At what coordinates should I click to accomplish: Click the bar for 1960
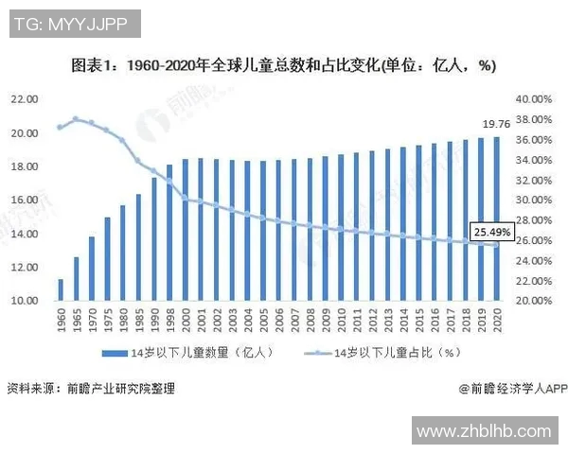(x=61, y=290)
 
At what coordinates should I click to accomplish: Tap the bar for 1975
(x=107, y=259)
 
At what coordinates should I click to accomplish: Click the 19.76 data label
(x=496, y=123)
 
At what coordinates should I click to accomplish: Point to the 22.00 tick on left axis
(x=26, y=99)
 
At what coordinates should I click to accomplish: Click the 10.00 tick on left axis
(x=26, y=301)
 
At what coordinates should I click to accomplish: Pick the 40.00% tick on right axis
(x=533, y=99)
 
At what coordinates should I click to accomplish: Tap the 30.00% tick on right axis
(x=533, y=201)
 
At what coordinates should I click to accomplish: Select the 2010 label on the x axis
(x=341, y=319)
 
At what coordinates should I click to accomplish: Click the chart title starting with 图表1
(x=284, y=66)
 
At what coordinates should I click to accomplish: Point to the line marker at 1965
(x=76, y=119)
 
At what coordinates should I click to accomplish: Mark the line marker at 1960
(x=61, y=127)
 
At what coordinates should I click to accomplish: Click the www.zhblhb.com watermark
(x=483, y=431)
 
